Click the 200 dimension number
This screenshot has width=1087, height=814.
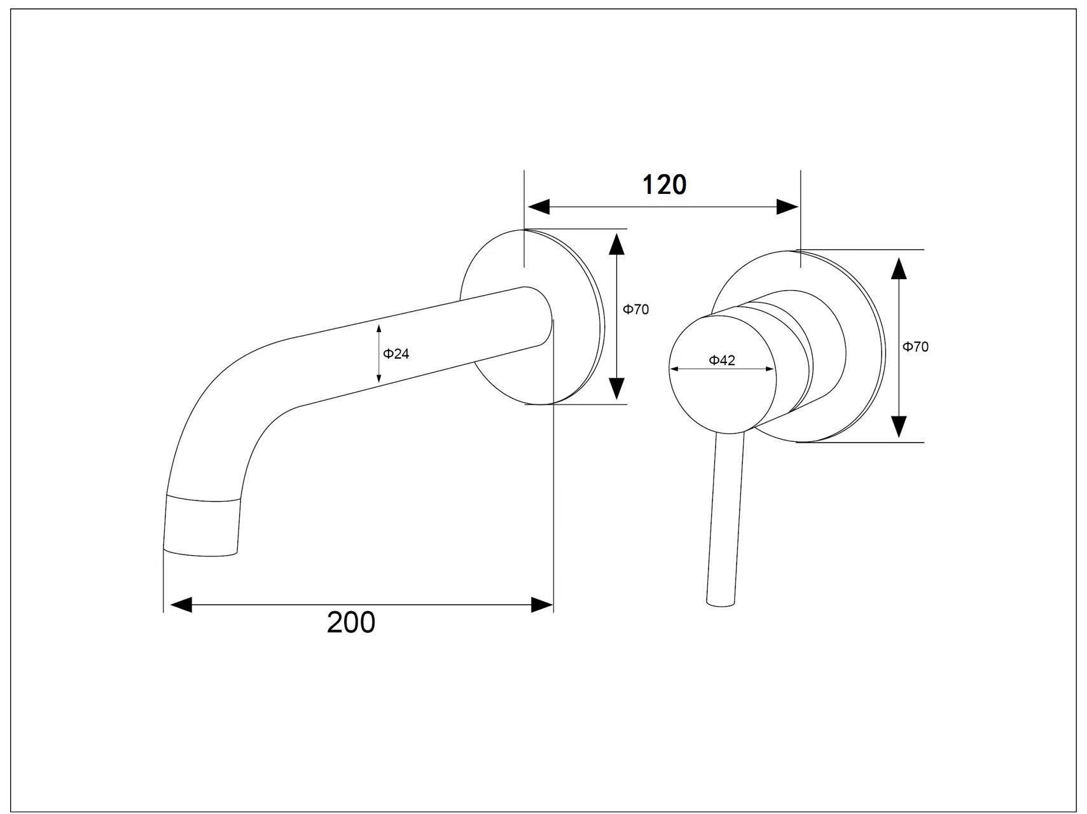pos(351,622)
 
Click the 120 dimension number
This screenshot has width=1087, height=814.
pos(664,184)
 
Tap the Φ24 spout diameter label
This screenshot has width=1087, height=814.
pos(396,354)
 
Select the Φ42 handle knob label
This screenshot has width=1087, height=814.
pos(722,361)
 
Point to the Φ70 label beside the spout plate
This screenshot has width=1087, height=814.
pos(635,310)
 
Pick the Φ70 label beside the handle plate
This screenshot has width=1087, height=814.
pos(915,347)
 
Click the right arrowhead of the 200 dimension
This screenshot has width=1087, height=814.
pos(542,604)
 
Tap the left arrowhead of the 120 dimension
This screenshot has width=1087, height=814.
pos(539,207)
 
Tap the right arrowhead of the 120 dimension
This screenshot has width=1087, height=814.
pos(787,207)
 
